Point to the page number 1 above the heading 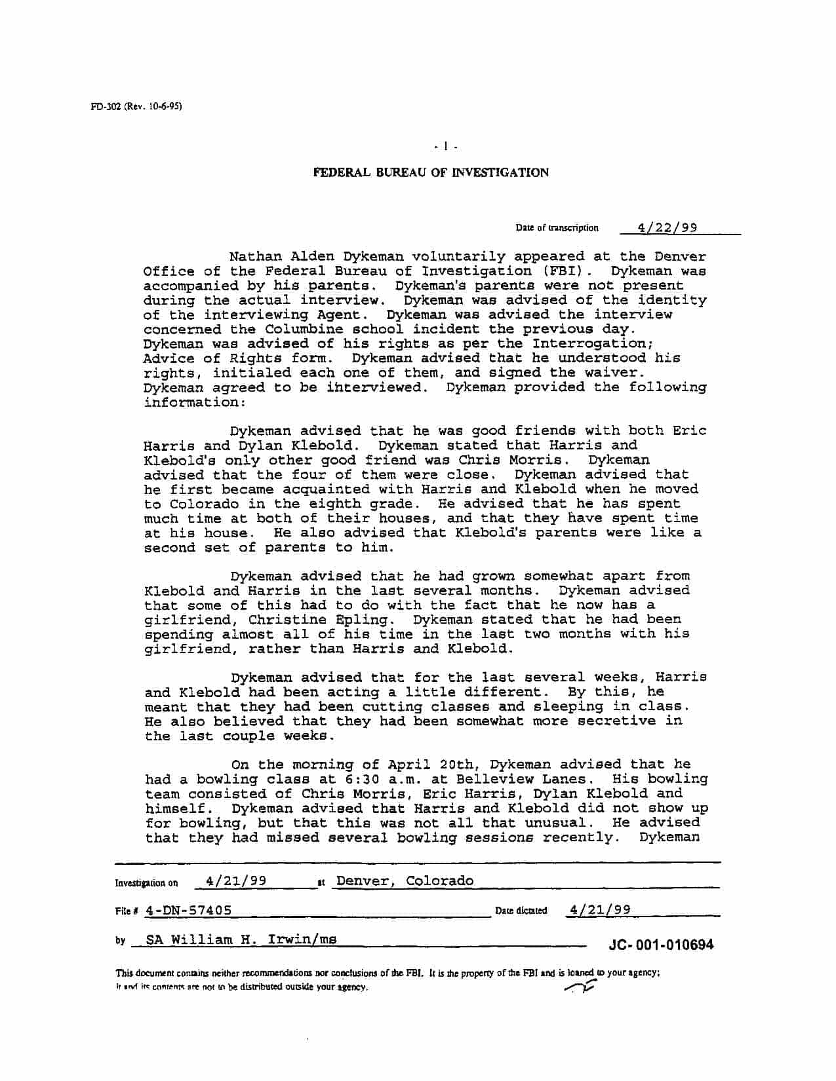(445, 147)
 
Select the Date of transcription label (557, 228)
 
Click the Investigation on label (146, 882)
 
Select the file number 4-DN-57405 (189, 911)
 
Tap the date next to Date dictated (600, 909)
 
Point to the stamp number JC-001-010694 (661, 945)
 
